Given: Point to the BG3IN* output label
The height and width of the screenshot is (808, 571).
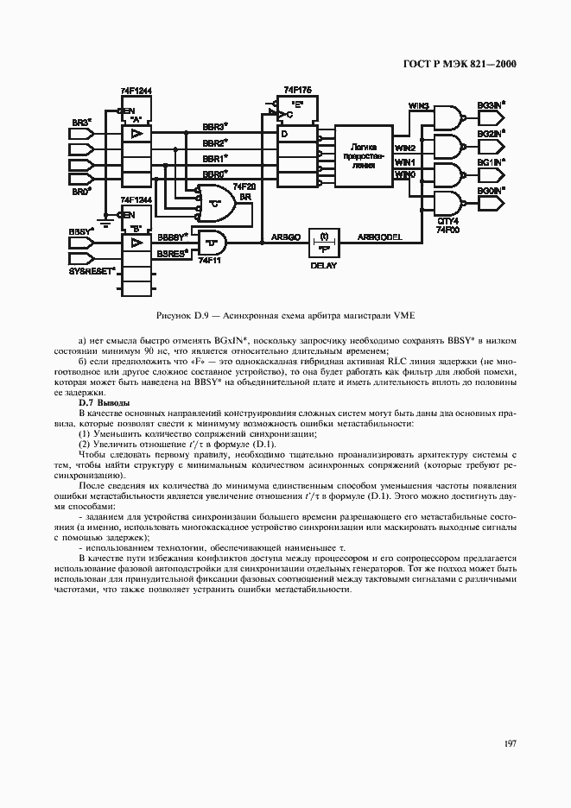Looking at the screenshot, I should [491, 105].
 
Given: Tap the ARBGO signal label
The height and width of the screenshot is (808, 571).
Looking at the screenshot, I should [286, 236].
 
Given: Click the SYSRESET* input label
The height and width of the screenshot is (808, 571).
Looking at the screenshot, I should [92, 272].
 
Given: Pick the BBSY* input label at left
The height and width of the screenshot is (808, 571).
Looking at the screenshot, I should [79, 232].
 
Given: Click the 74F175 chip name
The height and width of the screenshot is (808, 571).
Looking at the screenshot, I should [297, 90].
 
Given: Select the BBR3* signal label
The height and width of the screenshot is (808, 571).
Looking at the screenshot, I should [215, 126].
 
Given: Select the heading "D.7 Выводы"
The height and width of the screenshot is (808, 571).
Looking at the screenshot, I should [105, 402].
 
